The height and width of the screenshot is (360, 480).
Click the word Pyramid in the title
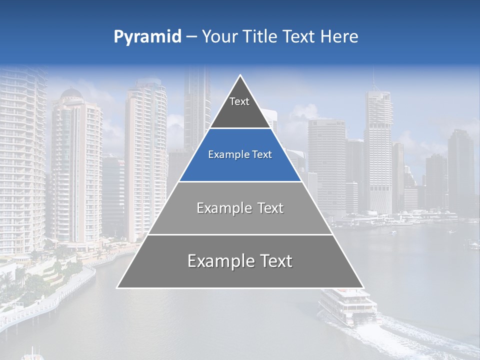(147, 37)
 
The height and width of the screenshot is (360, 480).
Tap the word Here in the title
(339, 37)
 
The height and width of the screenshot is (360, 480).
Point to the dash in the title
(192, 37)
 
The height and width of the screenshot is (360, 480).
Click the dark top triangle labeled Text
(239, 107)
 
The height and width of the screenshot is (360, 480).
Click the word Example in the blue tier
(228, 155)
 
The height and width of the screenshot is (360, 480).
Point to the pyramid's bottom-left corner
(117, 287)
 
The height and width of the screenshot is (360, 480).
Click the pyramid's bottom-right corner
(363, 287)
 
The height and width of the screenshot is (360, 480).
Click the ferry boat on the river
(347, 306)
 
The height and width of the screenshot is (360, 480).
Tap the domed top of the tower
(70, 94)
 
